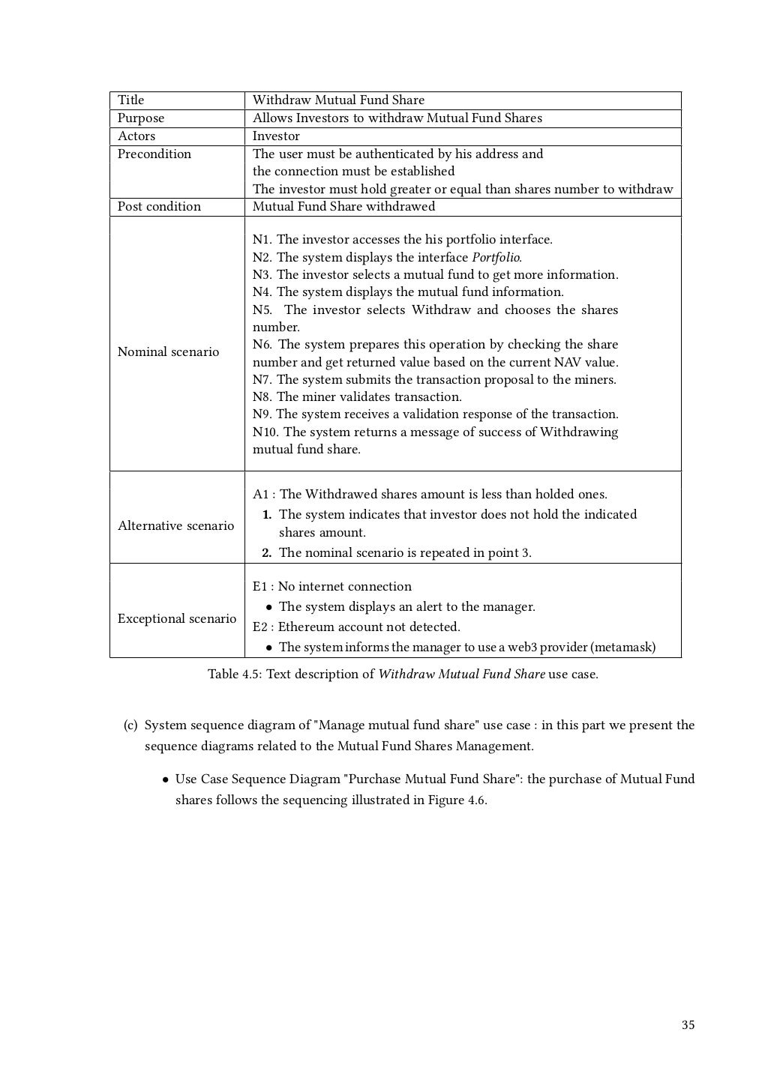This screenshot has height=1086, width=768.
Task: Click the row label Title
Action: click(130, 100)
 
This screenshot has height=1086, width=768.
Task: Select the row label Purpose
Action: click(140, 118)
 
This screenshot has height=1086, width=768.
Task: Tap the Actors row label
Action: click(136, 136)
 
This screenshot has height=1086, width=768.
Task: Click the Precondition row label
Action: click(154, 154)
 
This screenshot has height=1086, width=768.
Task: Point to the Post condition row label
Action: click(159, 207)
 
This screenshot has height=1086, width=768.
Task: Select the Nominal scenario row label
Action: click(168, 352)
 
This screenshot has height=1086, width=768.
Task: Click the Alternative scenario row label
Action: click(175, 526)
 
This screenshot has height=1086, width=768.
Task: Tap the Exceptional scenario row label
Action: click(176, 619)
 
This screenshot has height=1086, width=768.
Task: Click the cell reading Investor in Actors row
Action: click(275, 136)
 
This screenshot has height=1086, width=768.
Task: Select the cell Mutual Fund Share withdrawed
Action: click(343, 207)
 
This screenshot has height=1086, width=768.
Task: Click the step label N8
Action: click(262, 397)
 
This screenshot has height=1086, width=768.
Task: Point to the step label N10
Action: click(265, 432)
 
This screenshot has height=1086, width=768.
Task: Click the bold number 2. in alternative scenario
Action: click(266, 553)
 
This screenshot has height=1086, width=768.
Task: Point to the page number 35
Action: click(688, 1025)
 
